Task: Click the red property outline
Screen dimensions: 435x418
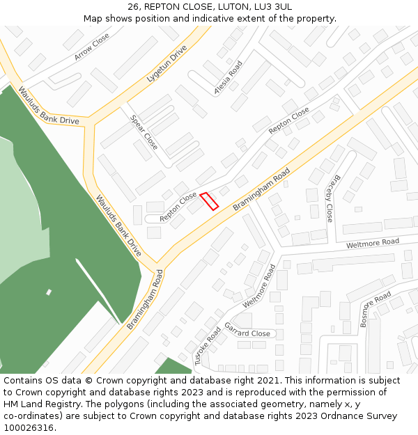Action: (209, 200)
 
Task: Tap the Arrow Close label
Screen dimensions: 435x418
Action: (92, 47)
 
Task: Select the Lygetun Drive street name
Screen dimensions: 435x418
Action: (167, 65)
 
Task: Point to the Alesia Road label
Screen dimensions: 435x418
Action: (229, 77)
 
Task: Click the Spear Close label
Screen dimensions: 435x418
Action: (144, 132)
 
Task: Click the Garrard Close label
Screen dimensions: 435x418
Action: (247, 333)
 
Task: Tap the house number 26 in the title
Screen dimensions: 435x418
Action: (134, 7)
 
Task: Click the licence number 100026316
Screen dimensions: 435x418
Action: (28, 428)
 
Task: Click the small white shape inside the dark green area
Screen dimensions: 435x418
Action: (49, 292)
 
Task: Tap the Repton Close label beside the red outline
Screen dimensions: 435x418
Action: (178, 207)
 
